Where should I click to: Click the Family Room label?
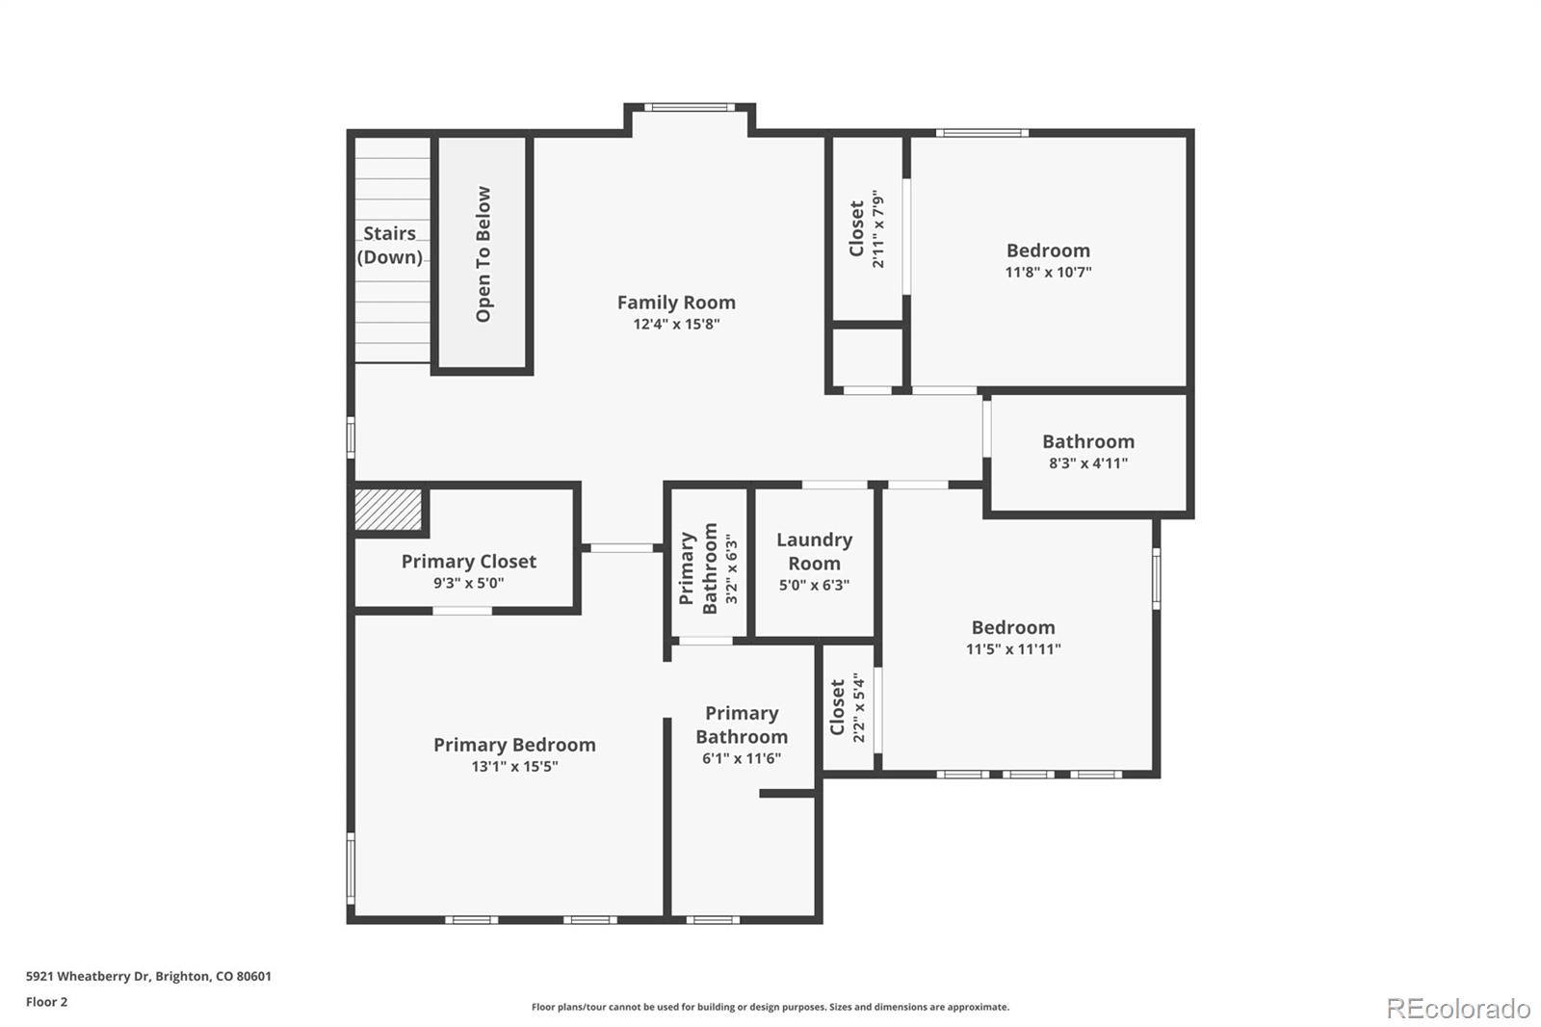coord(676,303)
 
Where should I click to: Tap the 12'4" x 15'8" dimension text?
coord(676,325)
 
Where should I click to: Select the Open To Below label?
coord(483,254)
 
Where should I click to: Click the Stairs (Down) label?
coord(390,245)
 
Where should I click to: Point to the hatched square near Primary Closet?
coord(389,510)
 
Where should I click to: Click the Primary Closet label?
coord(469,562)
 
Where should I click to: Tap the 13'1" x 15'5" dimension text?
coord(514,767)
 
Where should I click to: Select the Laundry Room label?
coord(814,551)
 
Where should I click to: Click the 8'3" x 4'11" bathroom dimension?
coord(1088,463)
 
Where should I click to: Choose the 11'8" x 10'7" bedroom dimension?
coord(1048,273)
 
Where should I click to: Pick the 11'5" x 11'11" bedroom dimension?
coord(1013,649)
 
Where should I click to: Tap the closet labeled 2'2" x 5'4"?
coord(848,708)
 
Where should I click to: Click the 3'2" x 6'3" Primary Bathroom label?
coord(709,568)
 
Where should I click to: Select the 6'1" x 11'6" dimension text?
coord(742,759)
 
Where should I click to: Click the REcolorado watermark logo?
coord(1457,1009)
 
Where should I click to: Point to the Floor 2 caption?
coord(46,1002)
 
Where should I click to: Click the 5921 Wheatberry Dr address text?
coord(148,976)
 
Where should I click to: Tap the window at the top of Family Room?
coord(689,108)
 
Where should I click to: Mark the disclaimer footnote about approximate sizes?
coord(770,1007)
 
